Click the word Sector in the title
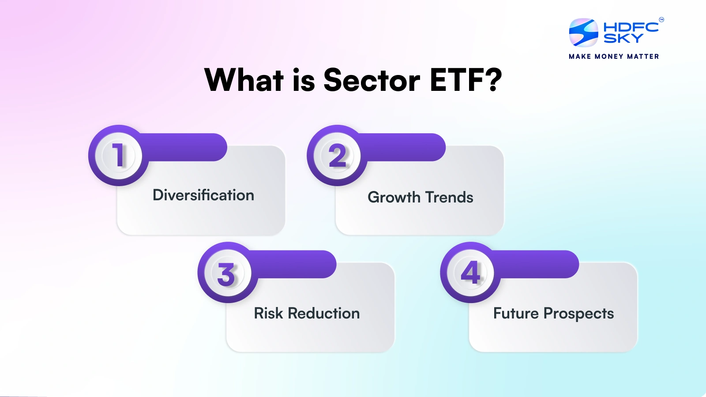(372, 81)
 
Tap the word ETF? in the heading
(466, 81)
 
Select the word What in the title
(244, 81)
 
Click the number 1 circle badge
(118, 155)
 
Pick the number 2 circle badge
(337, 155)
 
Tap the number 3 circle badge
(227, 273)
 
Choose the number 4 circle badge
(470, 273)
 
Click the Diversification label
(203, 195)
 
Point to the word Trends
(449, 197)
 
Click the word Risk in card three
(268, 314)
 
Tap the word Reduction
(324, 314)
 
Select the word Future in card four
(516, 314)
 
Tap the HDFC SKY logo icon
(583, 33)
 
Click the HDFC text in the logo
(631, 27)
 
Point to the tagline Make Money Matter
(614, 56)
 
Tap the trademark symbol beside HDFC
(661, 19)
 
